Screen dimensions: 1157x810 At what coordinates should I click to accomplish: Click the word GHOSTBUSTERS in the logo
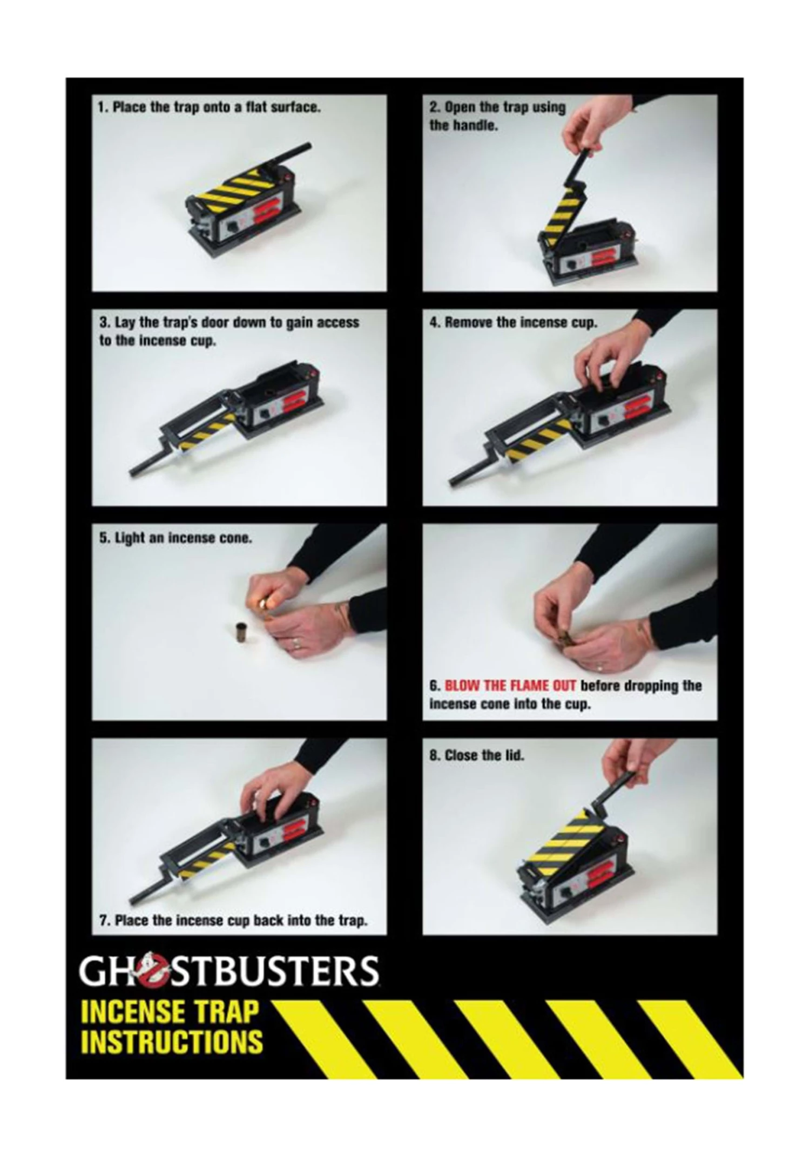230,971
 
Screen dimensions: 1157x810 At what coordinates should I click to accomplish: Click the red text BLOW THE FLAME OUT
510,686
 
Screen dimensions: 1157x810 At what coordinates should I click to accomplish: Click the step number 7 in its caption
103,920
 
